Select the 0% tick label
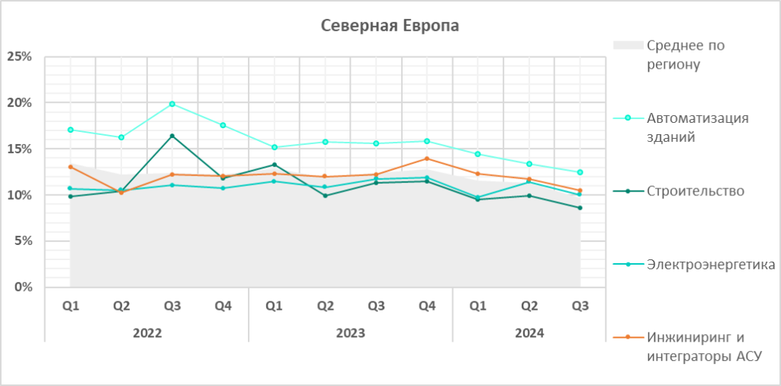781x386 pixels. click(x=22, y=288)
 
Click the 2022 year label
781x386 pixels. click(x=147, y=333)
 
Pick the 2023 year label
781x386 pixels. click(x=351, y=333)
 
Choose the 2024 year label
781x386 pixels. click(x=529, y=333)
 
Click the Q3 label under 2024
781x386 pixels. click(x=580, y=307)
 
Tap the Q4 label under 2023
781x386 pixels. click(x=427, y=307)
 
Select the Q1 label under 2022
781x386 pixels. click(x=70, y=307)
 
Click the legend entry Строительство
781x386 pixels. click(x=695, y=191)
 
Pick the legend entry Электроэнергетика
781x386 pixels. click(x=710, y=265)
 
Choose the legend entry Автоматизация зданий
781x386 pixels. click(x=697, y=127)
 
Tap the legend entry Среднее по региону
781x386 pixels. click(x=684, y=55)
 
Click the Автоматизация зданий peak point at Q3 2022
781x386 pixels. click(x=172, y=104)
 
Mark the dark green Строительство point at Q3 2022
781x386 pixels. click(x=172, y=136)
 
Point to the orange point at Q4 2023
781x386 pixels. click(x=427, y=159)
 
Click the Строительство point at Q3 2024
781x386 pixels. click(x=580, y=207)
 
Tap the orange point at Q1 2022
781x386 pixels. click(x=70, y=166)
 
